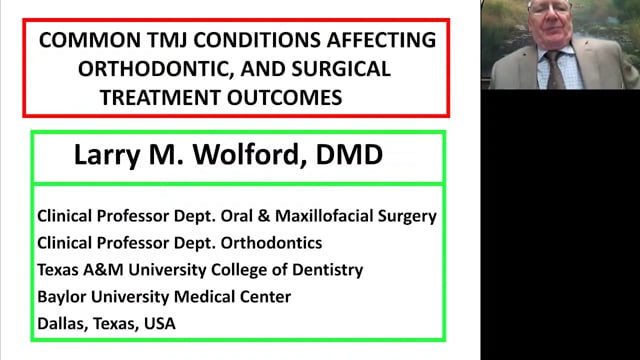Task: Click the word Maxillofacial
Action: point(333,215)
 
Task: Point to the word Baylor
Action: point(62,296)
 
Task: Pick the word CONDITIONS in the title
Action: point(301,41)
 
